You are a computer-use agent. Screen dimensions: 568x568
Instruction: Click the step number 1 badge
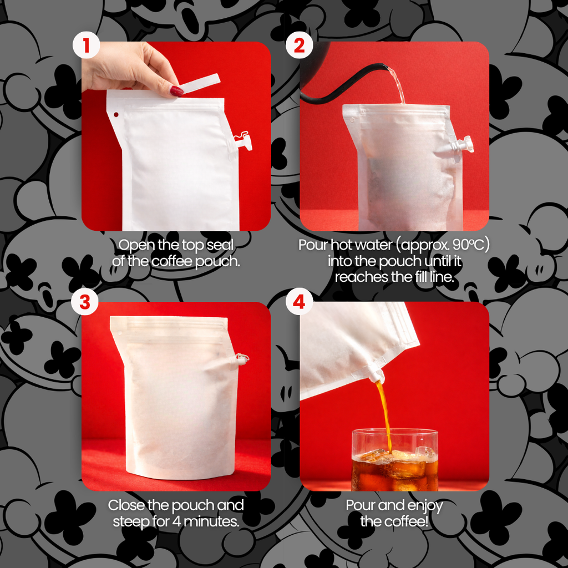point(86,45)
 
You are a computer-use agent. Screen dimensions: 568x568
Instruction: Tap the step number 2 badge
point(299,45)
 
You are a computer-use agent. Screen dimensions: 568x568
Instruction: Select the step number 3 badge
point(85,302)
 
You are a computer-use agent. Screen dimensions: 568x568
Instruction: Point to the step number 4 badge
point(299,302)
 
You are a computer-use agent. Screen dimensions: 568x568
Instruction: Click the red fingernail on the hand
point(177,91)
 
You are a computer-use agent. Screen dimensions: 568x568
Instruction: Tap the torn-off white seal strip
point(200,83)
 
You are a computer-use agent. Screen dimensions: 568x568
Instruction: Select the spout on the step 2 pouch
point(461,144)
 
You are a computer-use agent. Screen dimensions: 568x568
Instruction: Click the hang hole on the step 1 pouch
point(116,114)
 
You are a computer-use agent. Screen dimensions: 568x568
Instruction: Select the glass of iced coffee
point(395,460)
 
